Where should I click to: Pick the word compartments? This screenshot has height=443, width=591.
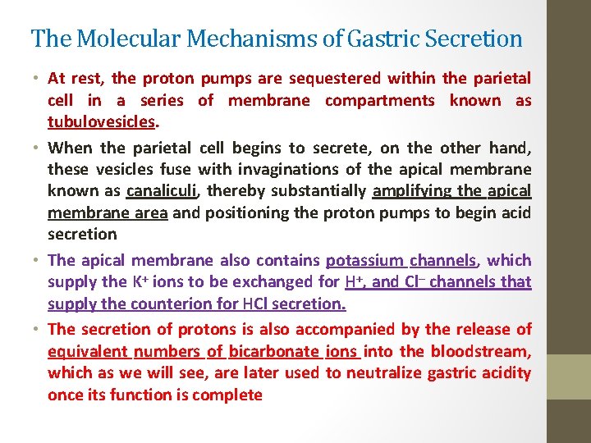pyautogui.click(x=380, y=100)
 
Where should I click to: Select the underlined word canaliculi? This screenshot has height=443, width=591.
pyautogui.click(x=163, y=190)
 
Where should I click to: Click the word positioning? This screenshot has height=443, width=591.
pyautogui.click(x=245, y=212)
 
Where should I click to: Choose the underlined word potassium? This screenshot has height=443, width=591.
pyautogui.click(x=364, y=260)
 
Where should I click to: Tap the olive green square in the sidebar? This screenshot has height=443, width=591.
pyautogui.click(x=568, y=376)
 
